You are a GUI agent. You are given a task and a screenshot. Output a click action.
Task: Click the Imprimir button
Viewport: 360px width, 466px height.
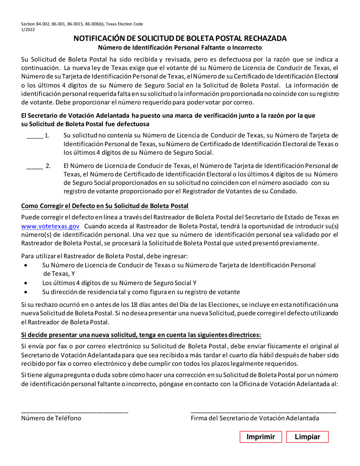point(261,437)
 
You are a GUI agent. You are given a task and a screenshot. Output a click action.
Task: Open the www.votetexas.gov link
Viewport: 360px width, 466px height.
point(50,226)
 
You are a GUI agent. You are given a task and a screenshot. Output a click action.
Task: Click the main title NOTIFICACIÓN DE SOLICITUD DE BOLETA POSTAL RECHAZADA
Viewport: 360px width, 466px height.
point(180,39)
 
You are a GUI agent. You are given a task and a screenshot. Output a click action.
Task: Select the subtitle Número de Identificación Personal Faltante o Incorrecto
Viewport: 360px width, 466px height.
point(180,48)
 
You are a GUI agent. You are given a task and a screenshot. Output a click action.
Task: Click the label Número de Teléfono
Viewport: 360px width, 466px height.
point(51,418)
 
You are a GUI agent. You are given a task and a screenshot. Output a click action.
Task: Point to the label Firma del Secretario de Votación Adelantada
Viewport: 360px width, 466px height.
point(255,418)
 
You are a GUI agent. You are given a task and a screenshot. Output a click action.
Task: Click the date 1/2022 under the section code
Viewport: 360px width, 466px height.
point(28,30)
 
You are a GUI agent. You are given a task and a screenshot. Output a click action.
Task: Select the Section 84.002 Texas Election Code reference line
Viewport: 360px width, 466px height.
point(82,24)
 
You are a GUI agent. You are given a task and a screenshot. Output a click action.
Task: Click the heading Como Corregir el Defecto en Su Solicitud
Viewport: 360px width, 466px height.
point(105,206)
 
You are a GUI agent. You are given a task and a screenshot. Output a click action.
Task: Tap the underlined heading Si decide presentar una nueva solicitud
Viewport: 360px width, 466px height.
point(141,335)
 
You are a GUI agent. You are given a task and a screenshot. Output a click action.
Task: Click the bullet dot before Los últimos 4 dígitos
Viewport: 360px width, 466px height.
point(25,283)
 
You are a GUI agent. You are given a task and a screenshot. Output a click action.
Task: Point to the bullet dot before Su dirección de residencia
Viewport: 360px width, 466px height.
point(25,292)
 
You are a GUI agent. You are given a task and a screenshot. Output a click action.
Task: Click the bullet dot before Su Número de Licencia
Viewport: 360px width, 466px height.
point(25,266)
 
